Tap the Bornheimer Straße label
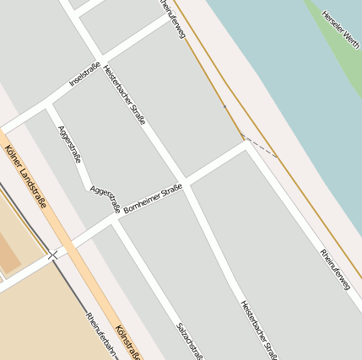153,198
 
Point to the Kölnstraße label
127,342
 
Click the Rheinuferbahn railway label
100,336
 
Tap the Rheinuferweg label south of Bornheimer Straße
334,269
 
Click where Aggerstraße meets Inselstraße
49,105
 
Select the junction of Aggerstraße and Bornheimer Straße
115,221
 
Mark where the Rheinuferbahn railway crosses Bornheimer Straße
54,254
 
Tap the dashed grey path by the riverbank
260,146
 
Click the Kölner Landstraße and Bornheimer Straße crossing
70,245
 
